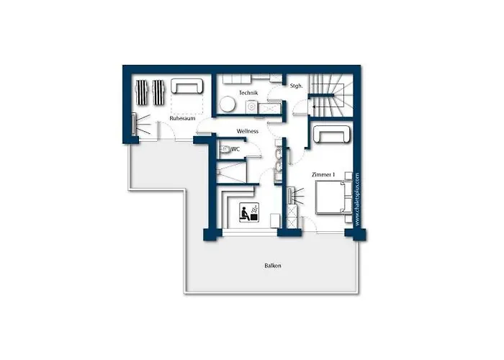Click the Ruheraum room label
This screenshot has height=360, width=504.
click(x=182, y=118)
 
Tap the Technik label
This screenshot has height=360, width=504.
click(x=248, y=93)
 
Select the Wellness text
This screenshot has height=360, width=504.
click(x=248, y=131)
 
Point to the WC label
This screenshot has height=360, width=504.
click(x=235, y=149)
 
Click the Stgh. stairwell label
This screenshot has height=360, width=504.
click(x=297, y=86)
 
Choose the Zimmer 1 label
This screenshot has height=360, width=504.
click(x=323, y=174)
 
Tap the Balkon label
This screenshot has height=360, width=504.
click(x=273, y=266)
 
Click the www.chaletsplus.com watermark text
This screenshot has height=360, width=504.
click(x=357, y=199)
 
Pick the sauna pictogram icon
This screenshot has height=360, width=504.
click(x=249, y=212)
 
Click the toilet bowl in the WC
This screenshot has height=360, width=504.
click(x=225, y=149)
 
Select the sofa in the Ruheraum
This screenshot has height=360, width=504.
click(x=186, y=86)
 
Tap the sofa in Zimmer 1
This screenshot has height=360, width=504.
click(x=331, y=134)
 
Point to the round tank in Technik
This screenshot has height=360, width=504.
click(x=228, y=104)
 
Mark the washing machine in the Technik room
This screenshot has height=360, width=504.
click(x=251, y=107)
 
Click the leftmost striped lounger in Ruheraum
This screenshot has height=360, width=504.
click(x=142, y=93)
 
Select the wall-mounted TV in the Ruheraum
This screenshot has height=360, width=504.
click(x=133, y=124)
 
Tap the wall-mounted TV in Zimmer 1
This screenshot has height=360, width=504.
click(x=291, y=196)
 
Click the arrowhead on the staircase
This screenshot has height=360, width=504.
click(x=315, y=106)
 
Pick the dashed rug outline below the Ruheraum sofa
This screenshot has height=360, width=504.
click(x=187, y=104)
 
